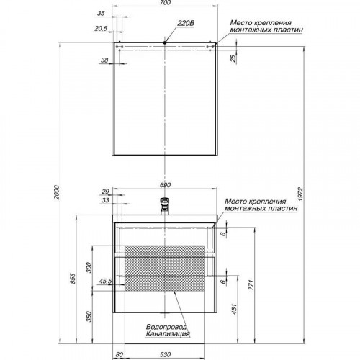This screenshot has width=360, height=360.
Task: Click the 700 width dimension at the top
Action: coord(165,3)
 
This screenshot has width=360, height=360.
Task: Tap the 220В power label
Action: coord(186,23)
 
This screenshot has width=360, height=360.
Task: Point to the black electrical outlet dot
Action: coord(165,42)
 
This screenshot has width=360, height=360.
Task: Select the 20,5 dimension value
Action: coord(101,29)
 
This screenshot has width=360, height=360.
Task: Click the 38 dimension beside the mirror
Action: coord(104,60)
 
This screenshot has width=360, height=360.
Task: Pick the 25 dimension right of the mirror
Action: coord(233,58)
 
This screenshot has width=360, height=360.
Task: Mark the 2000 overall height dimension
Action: coord(56,192)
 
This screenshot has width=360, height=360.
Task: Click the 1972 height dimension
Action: coord(300,194)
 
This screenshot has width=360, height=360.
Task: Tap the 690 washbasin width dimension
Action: coord(165,185)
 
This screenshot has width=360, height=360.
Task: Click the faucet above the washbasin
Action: coord(165,206)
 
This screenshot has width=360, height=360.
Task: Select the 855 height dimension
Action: coord(73,279)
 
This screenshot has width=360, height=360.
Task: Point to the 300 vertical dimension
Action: coord(89,267)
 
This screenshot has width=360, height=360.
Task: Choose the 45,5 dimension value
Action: coord(105,282)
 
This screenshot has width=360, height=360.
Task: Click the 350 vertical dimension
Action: coord(89,316)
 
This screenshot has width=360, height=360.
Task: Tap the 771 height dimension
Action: coord(251,284)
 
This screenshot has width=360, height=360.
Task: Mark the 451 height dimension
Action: coord(235,309)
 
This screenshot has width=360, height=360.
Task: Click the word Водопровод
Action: coord(166,327)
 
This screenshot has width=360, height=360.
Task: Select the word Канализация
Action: coord(168,334)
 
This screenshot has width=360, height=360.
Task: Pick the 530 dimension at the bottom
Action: coord(165,354)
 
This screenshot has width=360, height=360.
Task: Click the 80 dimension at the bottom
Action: coord(120,354)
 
